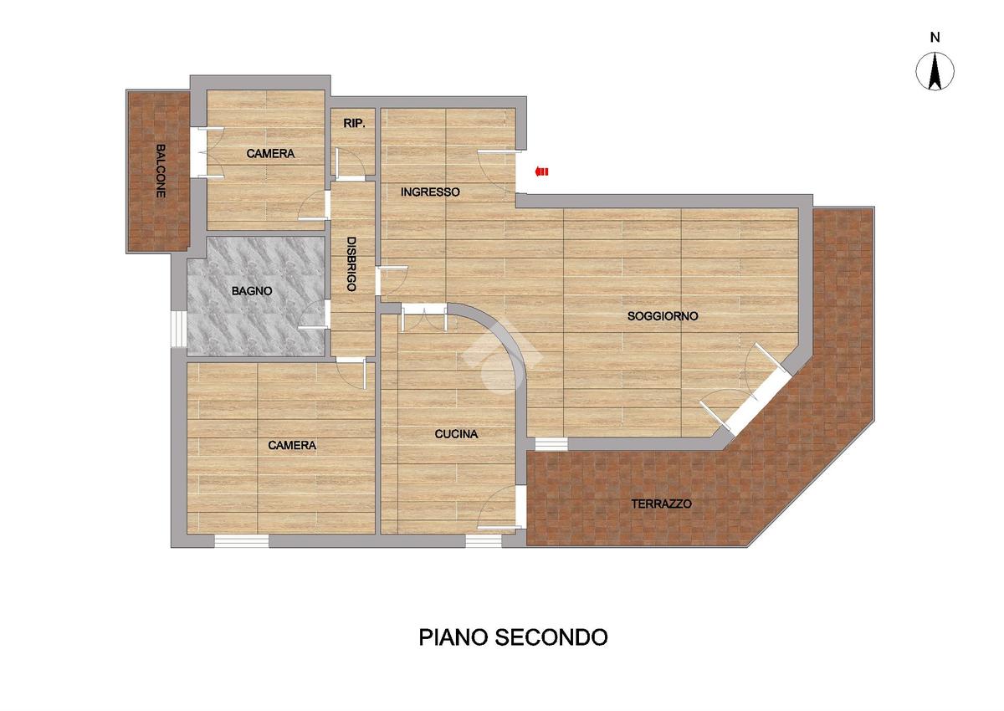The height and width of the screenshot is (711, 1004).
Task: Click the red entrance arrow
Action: coord(541,171)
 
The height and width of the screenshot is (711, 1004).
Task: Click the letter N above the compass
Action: coord(935,38)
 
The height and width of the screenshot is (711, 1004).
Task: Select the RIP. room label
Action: coord(354,124)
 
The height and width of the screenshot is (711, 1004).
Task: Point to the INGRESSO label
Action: coord(430,192)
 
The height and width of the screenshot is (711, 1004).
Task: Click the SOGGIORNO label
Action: coord(663,316)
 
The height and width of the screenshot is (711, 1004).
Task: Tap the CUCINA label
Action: coord(456,434)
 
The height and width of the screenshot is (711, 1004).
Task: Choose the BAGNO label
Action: coord(252,291)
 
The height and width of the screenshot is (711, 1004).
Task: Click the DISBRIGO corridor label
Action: coord(351,263)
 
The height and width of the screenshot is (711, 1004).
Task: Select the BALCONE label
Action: coord(161,171)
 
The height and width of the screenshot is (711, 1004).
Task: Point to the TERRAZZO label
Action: coord(661,504)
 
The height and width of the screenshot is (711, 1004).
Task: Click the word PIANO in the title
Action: coord(453,637)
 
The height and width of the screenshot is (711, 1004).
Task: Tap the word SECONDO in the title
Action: coord(551,637)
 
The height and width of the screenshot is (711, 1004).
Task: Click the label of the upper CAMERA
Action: coord(270,154)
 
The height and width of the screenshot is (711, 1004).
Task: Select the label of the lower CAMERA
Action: coord(292,445)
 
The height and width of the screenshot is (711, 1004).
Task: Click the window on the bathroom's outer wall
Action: coord(178,329)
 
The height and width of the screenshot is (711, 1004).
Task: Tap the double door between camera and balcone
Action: coord(197,152)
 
